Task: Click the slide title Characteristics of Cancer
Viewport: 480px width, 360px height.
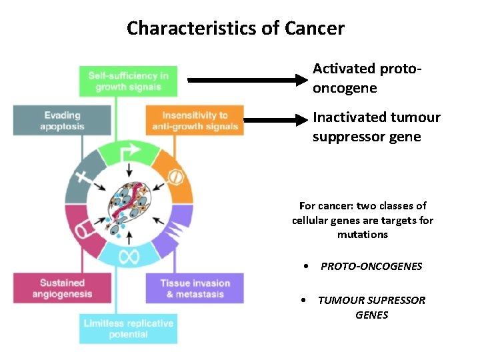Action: click(235, 29)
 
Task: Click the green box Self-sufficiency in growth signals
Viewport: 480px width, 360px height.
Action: click(128, 81)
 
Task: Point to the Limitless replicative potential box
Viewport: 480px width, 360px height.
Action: click(128, 328)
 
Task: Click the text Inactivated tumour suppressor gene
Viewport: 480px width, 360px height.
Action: click(377, 127)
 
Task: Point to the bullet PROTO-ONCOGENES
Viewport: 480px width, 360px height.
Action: click(371, 266)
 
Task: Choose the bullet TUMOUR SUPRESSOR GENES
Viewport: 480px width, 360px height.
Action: click(371, 307)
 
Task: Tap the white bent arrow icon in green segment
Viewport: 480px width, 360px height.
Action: click(131, 153)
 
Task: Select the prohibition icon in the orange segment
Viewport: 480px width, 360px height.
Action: click(174, 177)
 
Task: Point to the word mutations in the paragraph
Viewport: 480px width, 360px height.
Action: click(362, 235)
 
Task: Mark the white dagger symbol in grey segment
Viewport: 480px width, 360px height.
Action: click(81, 177)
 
